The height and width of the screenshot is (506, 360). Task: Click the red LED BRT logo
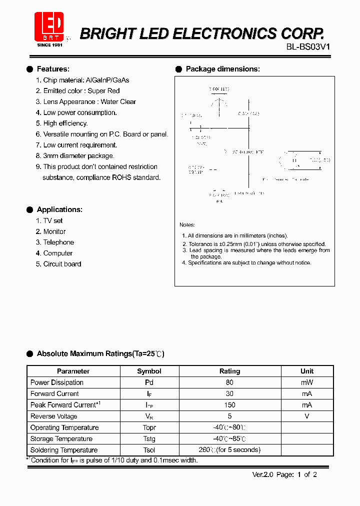pos(49,27)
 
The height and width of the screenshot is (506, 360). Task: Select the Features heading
pos(53,69)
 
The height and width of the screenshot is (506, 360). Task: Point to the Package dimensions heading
pos(222,69)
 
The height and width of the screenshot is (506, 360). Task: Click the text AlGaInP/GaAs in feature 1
pos(107,80)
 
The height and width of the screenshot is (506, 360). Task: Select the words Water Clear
pos(118,102)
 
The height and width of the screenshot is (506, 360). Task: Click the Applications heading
pos(59,209)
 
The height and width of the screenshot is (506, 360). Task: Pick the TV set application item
pos(52,221)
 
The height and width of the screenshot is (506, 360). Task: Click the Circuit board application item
pos(62,264)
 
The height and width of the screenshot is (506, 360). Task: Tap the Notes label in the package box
pos(187,225)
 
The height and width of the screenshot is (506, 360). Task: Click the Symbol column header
pos(149,371)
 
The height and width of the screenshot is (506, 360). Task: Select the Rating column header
pos(229,371)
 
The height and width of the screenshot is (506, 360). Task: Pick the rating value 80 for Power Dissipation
pos(229,382)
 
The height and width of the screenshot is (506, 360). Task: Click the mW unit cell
pos(306,382)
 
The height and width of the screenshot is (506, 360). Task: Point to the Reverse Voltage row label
pos(53,416)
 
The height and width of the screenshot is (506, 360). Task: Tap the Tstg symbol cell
pos(149,439)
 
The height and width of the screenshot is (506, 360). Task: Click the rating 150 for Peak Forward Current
pos(229,405)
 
